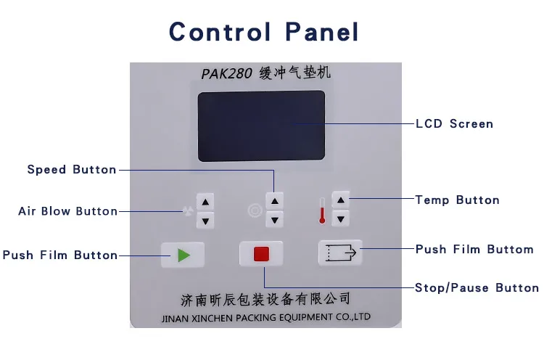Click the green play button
click(x=182, y=255)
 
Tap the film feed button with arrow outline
click(x=339, y=253)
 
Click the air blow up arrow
click(x=206, y=203)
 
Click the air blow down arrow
click(x=206, y=220)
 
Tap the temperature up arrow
click(x=341, y=200)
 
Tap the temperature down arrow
click(x=341, y=216)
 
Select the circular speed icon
click(x=254, y=210)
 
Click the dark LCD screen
click(x=260, y=126)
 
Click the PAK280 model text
click(x=226, y=74)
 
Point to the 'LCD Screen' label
click(x=454, y=124)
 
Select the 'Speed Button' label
click(x=72, y=170)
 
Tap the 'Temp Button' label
click(x=457, y=200)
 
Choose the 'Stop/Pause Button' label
click(x=477, y=288)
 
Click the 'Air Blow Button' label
click(x=67, y=211)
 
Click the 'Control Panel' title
click(x=264, y=32)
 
